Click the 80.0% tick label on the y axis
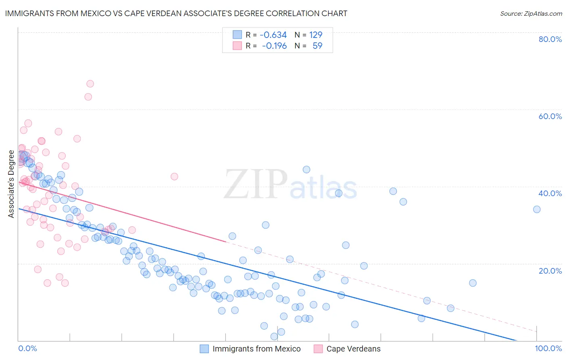tap(550, 39)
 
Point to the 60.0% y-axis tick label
tap(550, 116)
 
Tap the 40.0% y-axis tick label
tap(550, 193)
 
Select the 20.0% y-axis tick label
tap(550, 270)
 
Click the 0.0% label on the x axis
tap(27, 348)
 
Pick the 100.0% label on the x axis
tap(548, 348)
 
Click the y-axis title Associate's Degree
tap(11, 184)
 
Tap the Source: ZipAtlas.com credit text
tap(531, 14)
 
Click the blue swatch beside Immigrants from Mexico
tap(204, 349)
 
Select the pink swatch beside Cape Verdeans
tap(318, 349)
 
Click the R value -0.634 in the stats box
tap(273, 35)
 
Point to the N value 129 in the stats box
tap(316, 35)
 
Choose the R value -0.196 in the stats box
tap(274, 46)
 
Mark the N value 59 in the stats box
tap(317, 46)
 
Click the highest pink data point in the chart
tap(90, 84)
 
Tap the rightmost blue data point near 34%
tap(537, 209)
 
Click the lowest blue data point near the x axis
tap(274, 336)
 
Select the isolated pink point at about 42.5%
tap(174, 176)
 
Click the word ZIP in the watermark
tap(255, 184)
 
